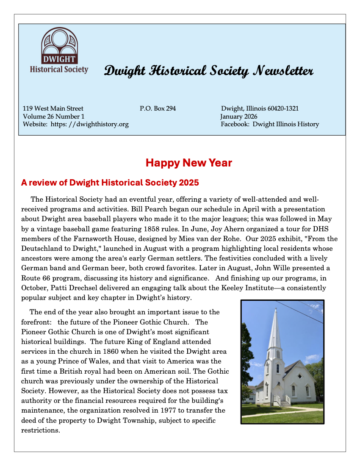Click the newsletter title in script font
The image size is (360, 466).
click(x=208, y=71)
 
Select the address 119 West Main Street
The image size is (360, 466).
click(x=53, y=108)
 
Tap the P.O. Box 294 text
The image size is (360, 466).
click(x=158, y=108)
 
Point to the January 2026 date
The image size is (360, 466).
click(x=238, y=116)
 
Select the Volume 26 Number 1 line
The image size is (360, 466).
click(x=54, y=116)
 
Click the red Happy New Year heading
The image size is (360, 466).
click(x=188, y=163)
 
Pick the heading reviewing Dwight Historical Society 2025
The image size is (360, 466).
click(x=110, y=183)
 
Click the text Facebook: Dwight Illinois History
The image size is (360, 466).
click(x=270, y=125)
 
